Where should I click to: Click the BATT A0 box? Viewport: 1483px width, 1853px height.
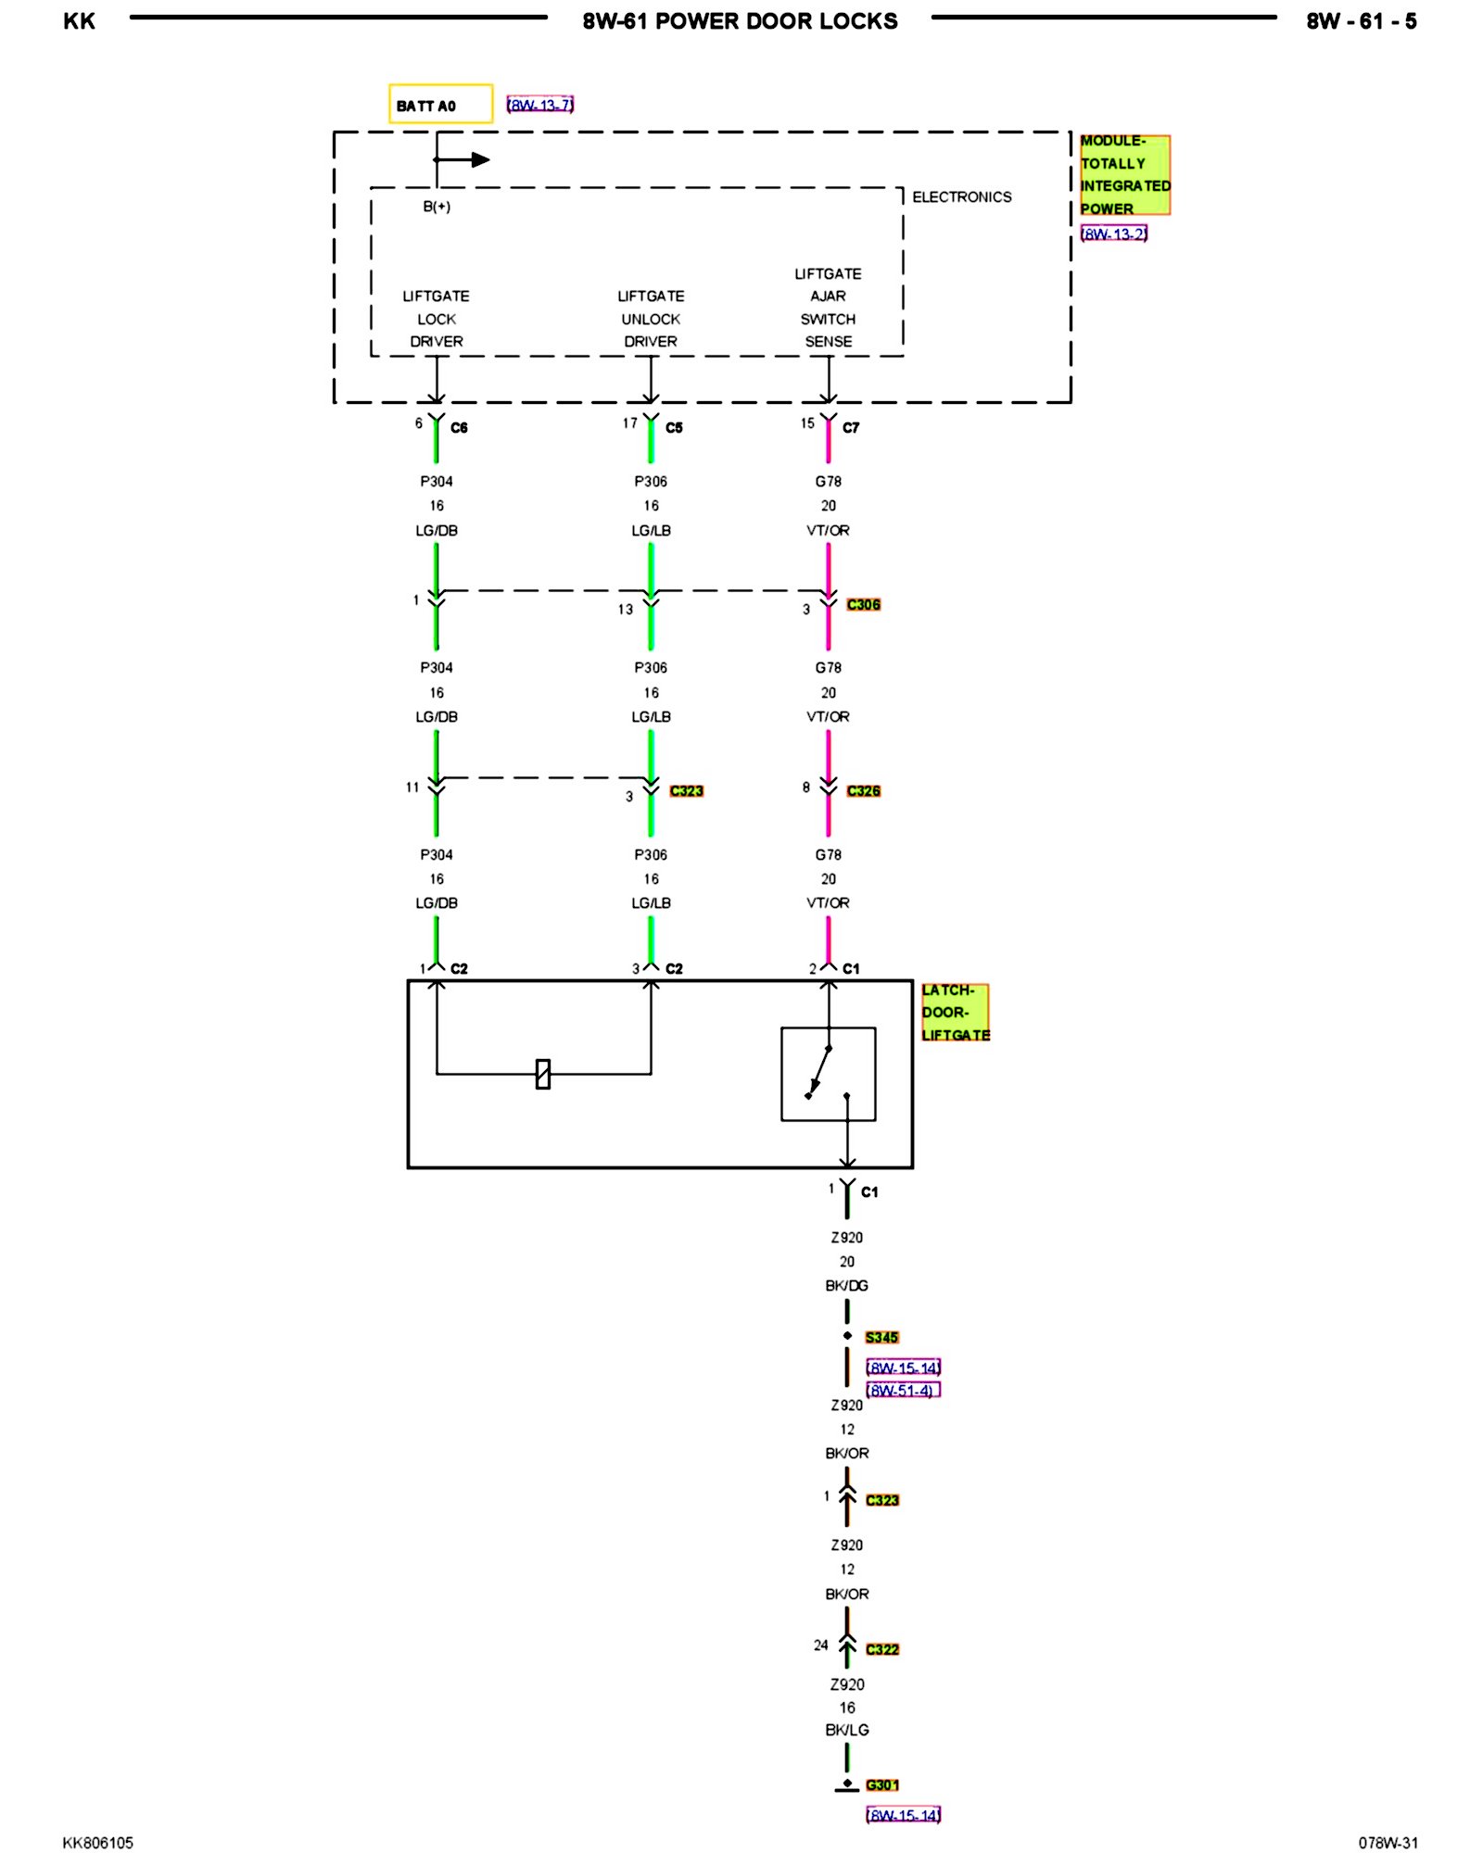click(x=440, y=104)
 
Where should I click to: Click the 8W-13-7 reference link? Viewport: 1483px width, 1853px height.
click(x=540, y=105)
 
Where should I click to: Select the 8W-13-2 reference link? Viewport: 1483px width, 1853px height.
click(x=1114, y=233)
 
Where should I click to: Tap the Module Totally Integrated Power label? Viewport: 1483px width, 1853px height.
click(x=1124, y=175)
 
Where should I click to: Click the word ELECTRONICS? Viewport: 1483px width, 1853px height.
click(x=961, y=197)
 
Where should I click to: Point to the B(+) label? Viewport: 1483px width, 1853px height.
click(x=437, y=207)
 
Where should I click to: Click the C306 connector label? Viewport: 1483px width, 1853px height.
click(x=863, y=604)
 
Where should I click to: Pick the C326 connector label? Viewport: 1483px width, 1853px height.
click(x=863, y=790)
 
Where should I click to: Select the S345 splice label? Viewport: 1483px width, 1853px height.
click(x=881, y=1337)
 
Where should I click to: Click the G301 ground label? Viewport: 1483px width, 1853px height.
click(x=881, y=1784)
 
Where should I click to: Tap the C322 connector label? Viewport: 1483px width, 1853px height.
click(x=881, y=1649)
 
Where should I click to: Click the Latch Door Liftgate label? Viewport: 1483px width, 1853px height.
click(x=955, y=1012)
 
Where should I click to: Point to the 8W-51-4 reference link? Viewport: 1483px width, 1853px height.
click(x=903, y=1390)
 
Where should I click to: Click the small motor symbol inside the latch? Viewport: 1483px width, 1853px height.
click(x=543, y=1074)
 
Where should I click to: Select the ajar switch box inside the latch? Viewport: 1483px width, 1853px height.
click(x=828, y=1074)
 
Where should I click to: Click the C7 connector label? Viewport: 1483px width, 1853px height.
click(x=851, y=427)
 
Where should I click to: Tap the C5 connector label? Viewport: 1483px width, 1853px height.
click(x=674, y=427)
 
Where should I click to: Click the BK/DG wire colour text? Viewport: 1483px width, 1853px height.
click(x=846, y=1285)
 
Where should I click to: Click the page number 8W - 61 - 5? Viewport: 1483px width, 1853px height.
click(x=1361, y=21)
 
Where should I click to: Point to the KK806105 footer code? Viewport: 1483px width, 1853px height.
click(x=97, y=1843)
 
